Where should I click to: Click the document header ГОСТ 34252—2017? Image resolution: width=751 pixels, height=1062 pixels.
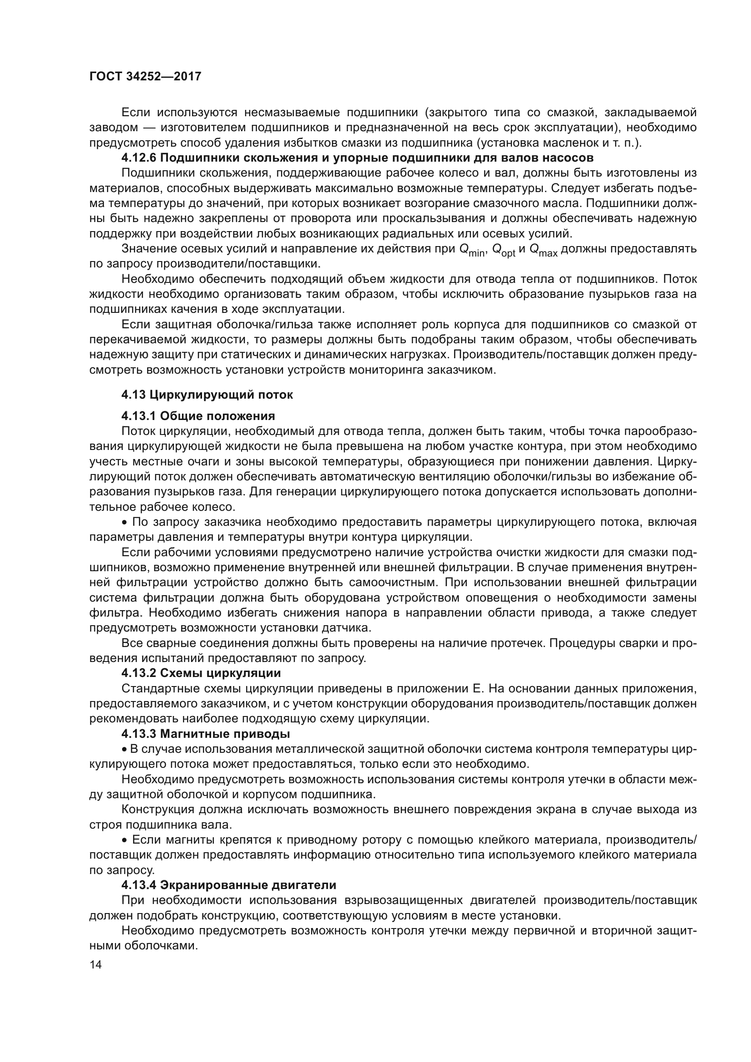click(145, 76)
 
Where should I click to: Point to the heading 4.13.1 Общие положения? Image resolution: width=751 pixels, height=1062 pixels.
click(198, 415)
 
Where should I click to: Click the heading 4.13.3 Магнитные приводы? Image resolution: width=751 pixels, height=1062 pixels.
click(205, 734)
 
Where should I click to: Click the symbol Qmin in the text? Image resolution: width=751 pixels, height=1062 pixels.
click(472, 250)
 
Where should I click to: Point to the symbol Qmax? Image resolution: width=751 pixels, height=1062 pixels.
click(543, 250)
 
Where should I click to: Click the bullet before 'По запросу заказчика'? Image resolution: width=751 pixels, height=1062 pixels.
click(124, 523)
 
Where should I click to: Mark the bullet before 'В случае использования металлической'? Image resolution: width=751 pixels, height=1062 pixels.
click(124, 749)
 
